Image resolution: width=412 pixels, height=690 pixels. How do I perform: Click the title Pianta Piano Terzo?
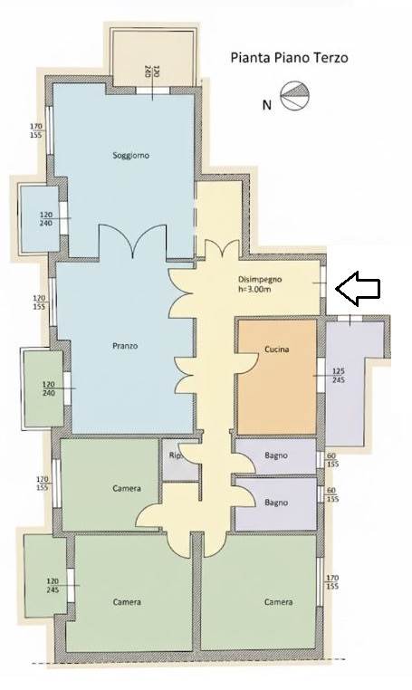pos(289,58)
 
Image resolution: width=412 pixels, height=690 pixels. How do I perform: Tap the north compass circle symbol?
pos(295,95)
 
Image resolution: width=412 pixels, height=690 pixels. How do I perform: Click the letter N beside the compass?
pos(266,105)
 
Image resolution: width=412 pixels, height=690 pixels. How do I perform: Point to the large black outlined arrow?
pos(358,288)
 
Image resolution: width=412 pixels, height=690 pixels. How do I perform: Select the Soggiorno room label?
pos(130,156)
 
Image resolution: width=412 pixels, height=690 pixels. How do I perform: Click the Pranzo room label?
pos(125,346)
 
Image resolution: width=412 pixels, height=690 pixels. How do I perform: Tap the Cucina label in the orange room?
pos(277,350)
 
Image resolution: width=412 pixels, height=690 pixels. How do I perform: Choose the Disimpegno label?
pos(260,279)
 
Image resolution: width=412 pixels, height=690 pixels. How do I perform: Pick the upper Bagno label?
pos(276,455)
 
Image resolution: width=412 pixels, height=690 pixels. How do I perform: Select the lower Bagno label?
pos(276,502)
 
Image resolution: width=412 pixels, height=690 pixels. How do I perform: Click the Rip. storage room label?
pos(176,455)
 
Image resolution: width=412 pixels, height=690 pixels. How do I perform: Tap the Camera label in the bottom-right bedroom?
pos(278,601)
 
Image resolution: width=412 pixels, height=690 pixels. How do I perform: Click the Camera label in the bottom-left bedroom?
pos(127,601)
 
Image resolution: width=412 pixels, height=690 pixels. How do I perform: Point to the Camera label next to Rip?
pos(127,488)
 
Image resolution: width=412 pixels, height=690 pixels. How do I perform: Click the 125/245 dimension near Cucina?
pos(339,376)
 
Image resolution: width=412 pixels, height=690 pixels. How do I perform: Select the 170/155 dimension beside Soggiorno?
pos(36,130)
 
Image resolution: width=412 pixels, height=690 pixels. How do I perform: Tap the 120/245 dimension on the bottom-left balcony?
pos(53,585)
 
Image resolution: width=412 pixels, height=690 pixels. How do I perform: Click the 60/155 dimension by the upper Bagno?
pos(332,460)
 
